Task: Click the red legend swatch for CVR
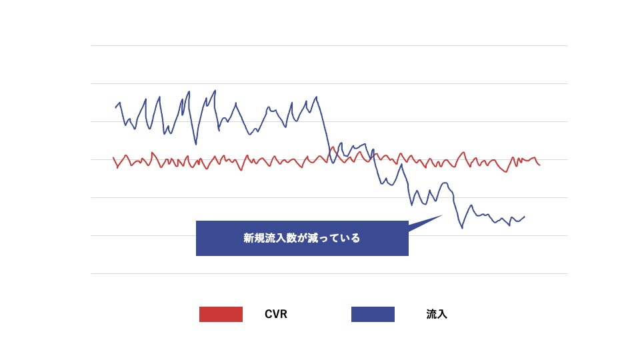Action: coord(221,314)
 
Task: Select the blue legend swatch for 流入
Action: coord(373,314)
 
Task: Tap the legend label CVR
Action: coord(276,314)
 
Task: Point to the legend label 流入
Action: coord(437,314)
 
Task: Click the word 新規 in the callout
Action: coord(254,238)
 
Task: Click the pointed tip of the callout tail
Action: coord(443,215)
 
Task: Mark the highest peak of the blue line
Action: coord(215,91)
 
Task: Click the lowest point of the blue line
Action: coord(462,229)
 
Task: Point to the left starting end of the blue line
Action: coord(115,107)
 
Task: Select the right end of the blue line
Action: coord(525,216)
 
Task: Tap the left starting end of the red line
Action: coord(113,158)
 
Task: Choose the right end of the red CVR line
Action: coord(539,165)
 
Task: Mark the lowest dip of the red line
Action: coord(507,172)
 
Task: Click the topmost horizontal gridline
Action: coord(329,45)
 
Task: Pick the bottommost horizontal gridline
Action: coord(329,273)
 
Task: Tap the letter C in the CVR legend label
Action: coord(268,314)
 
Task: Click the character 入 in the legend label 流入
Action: coord(442,314)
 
